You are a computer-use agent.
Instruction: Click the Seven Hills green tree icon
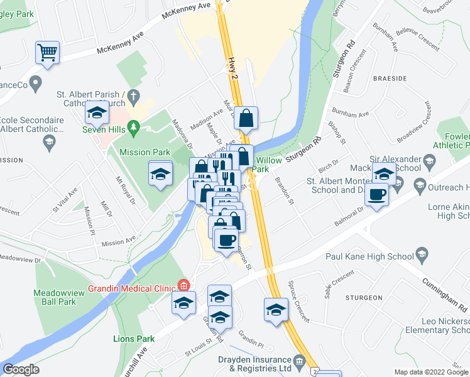click(133, 128)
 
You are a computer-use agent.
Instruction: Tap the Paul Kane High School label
click(369, 256)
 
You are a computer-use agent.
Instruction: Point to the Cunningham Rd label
click(444, 296)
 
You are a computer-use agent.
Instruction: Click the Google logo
click(21, 369)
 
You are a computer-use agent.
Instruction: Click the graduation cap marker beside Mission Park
click(160, 173)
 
